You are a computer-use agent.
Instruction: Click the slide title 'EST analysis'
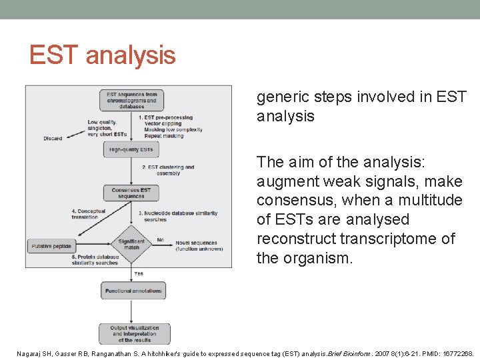pos(102,55)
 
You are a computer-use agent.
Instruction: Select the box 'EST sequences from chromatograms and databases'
pos(132,100)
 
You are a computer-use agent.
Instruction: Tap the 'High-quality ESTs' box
pos(131,149)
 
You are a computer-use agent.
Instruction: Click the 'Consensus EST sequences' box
pos(131,193)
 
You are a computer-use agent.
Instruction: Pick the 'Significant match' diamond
pos(131,245)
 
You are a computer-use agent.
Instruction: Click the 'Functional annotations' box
pos(133,291)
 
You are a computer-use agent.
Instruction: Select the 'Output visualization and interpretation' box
pos(135,333)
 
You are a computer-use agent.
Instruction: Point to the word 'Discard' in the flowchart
pos(52,139)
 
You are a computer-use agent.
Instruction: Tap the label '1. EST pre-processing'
pos(164,117)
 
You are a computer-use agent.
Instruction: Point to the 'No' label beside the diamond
pos(160,239)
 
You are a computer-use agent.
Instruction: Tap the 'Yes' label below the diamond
pos(139,273)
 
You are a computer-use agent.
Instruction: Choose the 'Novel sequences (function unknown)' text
pos(199,246)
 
